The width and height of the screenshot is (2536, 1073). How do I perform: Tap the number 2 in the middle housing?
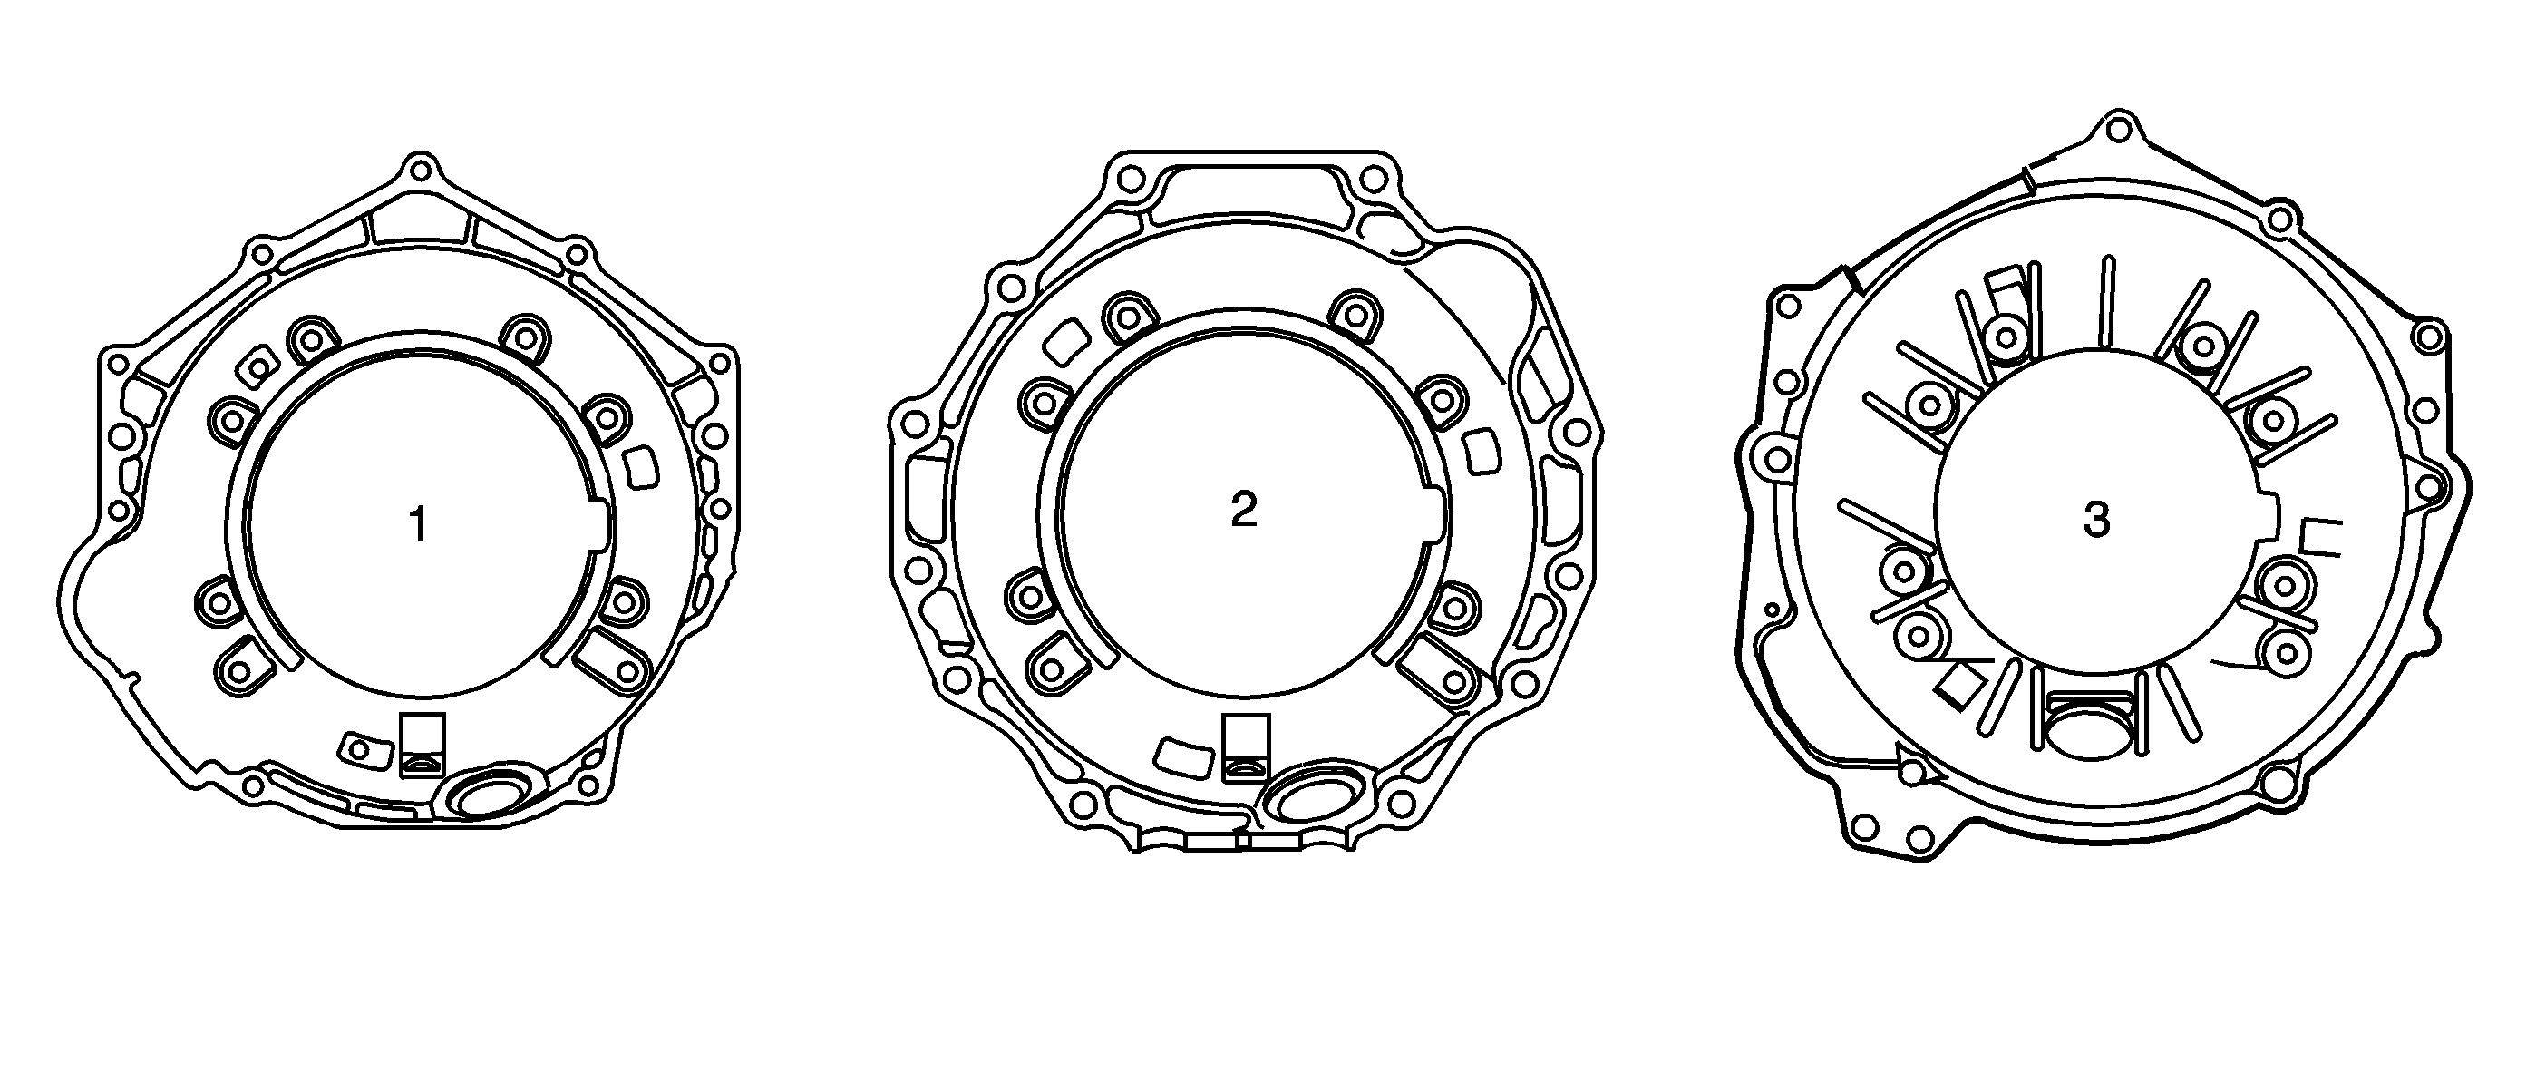[x=1243, y=509]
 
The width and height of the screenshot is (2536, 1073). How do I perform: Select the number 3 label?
[x=2096, y=519]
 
